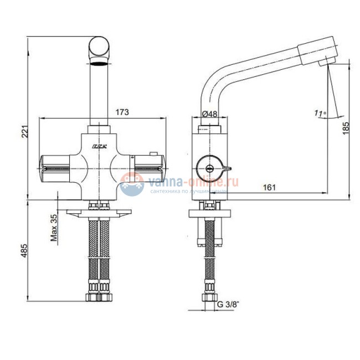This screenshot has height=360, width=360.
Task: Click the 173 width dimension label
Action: (122, 112)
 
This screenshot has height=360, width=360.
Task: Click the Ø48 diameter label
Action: (209, 114)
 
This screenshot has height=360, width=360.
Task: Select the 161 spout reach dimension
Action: (268, 188)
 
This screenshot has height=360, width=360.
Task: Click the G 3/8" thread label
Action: (228, 304)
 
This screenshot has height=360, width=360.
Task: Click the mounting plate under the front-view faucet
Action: (100, 212)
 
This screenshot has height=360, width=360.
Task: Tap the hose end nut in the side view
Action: (209, 295)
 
